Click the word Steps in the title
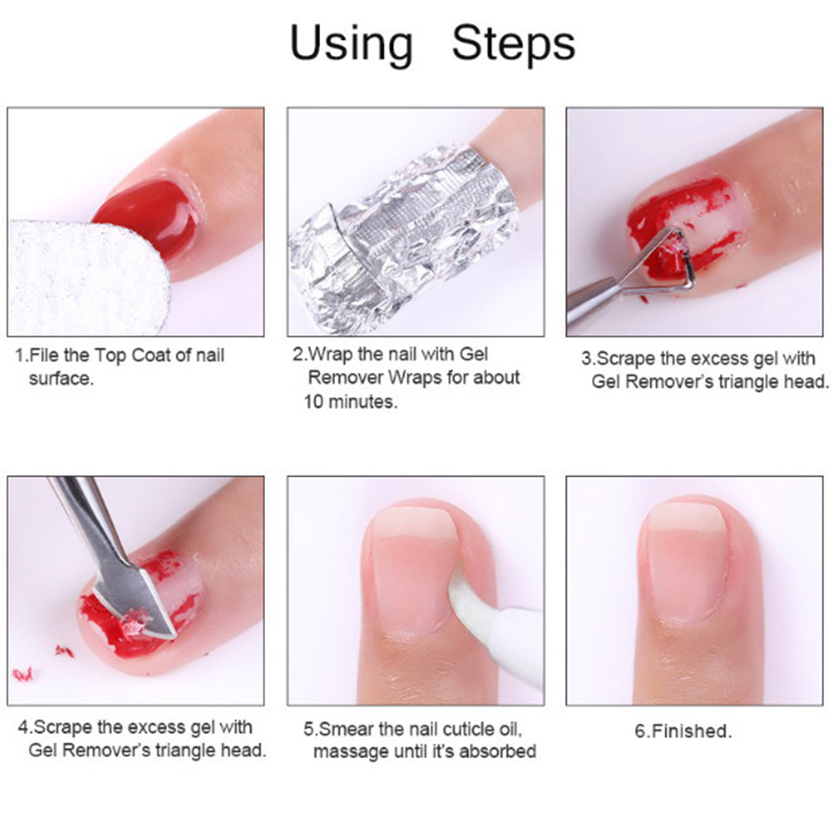click(x=513, y=43)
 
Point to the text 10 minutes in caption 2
click(x=351, y=402)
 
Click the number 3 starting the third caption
click(x=586, y=358)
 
